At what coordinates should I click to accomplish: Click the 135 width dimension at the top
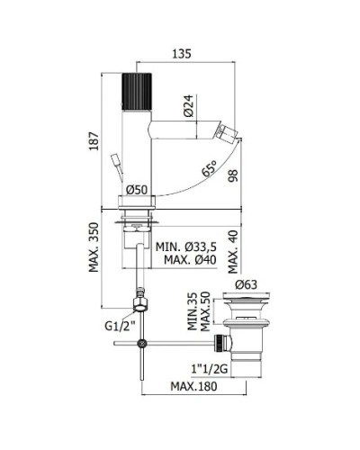(x=182, y=54)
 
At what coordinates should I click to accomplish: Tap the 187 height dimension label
(x=94, y=141)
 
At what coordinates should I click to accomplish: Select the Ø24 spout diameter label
(x=188, y=105)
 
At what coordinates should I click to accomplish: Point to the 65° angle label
(x=209, y=168)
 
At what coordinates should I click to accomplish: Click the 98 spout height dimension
(x=233, y=175)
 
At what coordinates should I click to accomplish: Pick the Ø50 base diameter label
(x=137, y=190)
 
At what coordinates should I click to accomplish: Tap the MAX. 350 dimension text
(x=94, y=247)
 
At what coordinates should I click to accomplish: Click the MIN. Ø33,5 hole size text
(x=186, y=247)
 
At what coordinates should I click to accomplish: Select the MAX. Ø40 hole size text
(x=190, y=260)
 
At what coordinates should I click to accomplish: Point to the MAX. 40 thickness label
(x=233, y=252)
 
